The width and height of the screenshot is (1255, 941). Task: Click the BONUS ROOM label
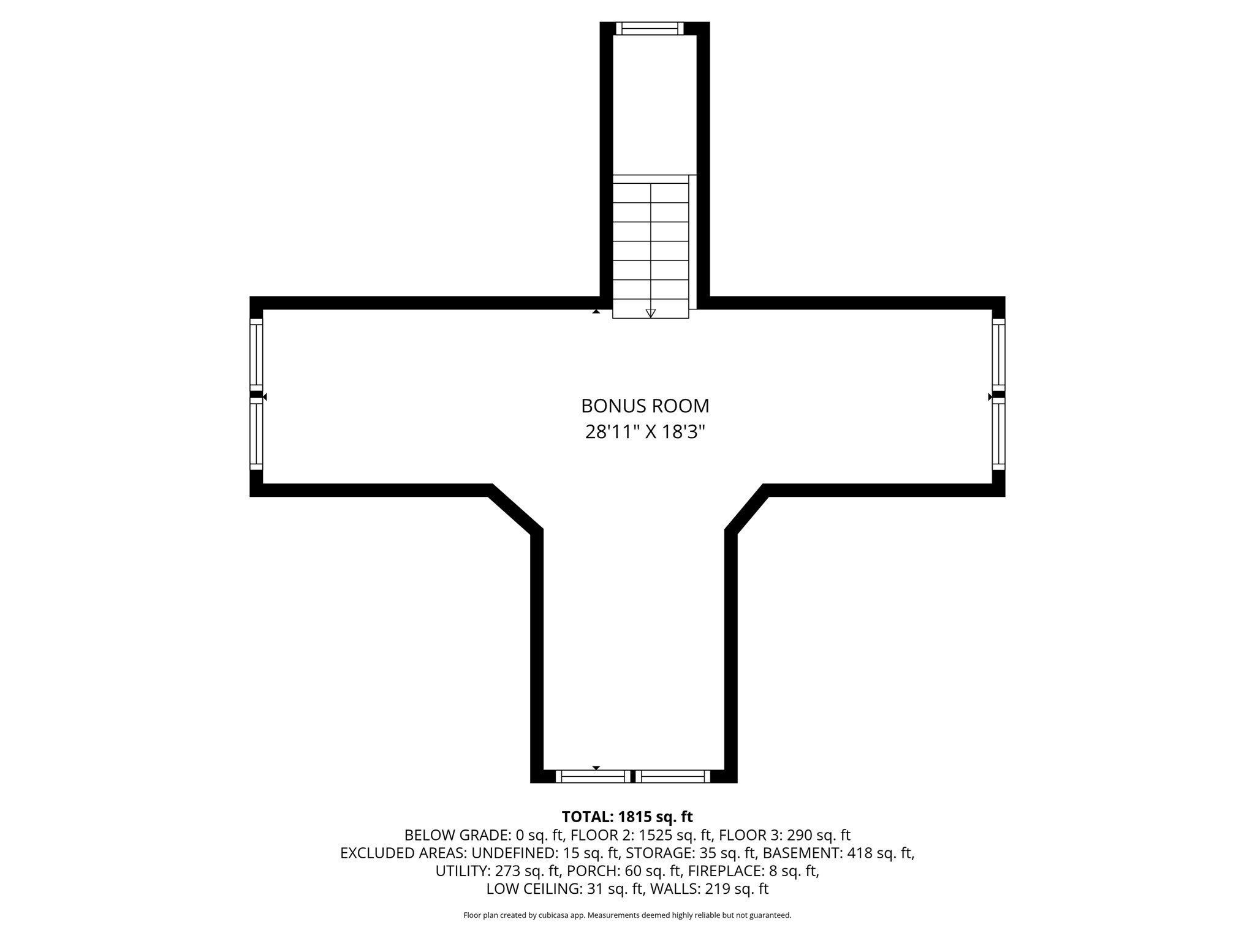pyautogui.click(x=645, y=406)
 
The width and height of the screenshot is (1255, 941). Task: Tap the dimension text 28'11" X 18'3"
pyautogui.click(x=645, y=432)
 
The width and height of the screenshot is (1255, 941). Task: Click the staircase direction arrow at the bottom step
pyautogui.click(x=651, y=313)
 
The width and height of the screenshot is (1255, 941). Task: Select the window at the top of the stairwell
pyautogui.click(x=650, y=28)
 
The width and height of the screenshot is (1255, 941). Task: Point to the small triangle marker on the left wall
pyautogui.click(x=265, y=397)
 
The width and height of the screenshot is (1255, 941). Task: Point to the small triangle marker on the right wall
pyautogui.click(x=990, y=397)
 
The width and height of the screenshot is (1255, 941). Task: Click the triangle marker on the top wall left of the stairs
pyautogui.click(x=596, y=311)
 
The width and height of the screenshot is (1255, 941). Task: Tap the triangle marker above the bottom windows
pyautogui.click(x=596, y=768)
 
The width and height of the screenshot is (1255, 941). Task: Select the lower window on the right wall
pyautogui.click(x=999, y=434)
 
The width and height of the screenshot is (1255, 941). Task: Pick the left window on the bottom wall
pyautogui.click(x=593, y=776)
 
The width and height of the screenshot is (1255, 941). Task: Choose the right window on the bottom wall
pyautogui.click(x=673, y=776)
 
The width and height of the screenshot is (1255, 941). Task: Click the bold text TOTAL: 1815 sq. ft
pyautogui.click(x=627, y=817)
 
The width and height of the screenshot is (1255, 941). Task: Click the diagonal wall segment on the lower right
pyautogui.click(x=746, y=508)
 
